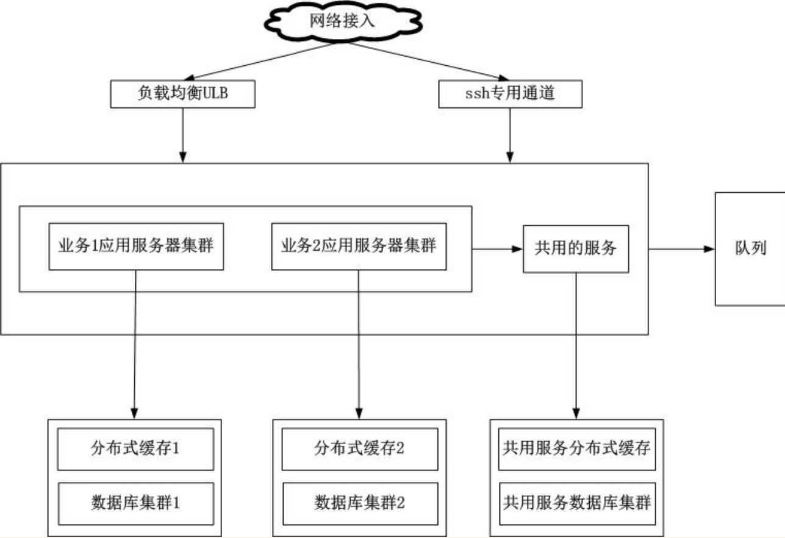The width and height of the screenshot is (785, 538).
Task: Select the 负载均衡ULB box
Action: pos(182,94)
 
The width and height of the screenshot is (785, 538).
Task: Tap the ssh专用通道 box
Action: pos(511,94)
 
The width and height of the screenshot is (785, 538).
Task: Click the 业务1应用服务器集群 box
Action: pos(136,246)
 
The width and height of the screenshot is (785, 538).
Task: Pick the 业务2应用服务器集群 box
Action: pos(359,246)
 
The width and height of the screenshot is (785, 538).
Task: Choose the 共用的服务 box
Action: pos(576,249)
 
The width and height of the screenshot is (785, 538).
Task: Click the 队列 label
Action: pos(751,248)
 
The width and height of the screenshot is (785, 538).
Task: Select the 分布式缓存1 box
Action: pos(135,449)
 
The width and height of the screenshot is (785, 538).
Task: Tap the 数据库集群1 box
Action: pos(135,504)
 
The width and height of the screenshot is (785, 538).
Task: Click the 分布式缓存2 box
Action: pos(360,449)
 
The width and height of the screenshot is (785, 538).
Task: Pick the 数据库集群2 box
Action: pos(360,504)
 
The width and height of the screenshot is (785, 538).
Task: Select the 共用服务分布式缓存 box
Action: pos(577,449)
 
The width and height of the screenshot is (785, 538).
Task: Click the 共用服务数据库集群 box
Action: pos(577,504)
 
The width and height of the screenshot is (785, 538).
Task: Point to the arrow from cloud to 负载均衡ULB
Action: pos(259,62)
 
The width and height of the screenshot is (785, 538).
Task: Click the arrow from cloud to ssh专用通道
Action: pos(428,62)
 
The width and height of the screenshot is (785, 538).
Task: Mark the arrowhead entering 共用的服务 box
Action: pos(517,249)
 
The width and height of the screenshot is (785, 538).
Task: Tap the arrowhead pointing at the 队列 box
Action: pos(709,249)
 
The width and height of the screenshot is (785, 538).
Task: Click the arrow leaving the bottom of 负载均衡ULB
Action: pos(182,135)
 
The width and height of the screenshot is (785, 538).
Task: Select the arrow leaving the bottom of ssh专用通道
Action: pos(510,135)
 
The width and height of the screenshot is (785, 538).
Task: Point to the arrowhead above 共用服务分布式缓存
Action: pos(576,414)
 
